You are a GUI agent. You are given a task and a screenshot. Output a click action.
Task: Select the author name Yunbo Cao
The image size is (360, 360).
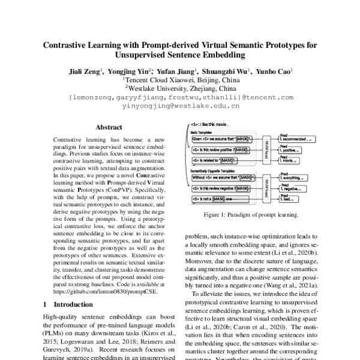coord(274,70)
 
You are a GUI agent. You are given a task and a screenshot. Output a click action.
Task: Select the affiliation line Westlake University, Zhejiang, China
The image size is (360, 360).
coord(181,88)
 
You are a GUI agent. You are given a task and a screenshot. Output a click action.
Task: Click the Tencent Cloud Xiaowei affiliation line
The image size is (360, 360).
coord(181,79)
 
